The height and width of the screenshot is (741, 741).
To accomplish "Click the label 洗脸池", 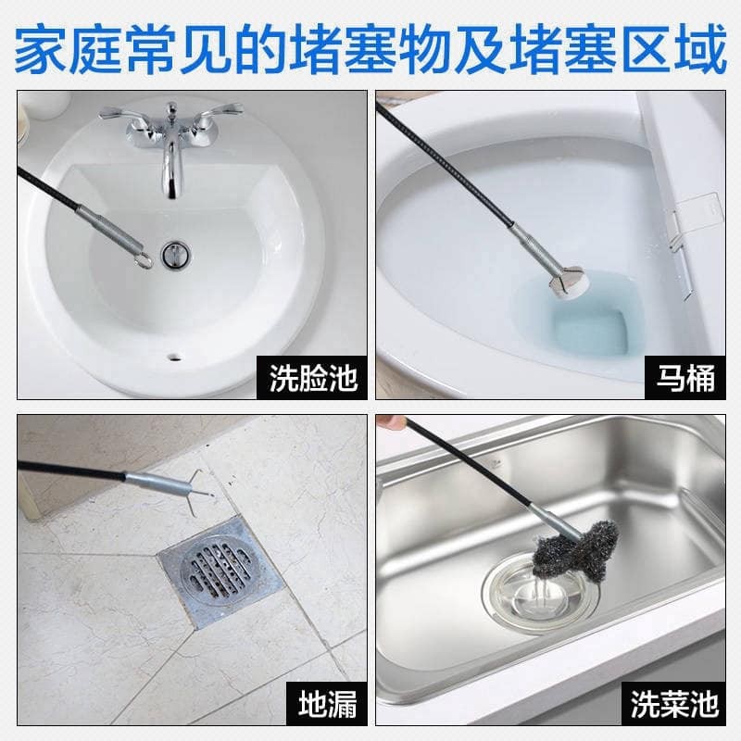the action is [x=312, y=378].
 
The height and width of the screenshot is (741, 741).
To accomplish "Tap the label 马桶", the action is [x=685, y=378].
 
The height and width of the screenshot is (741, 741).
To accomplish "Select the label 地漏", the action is [x=327, y=704].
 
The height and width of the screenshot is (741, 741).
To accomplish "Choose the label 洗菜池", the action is [x=674, y=704].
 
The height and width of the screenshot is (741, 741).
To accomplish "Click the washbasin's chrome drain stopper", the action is [x=175, y=254].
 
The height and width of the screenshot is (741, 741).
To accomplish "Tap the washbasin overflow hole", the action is [x=175, y=357].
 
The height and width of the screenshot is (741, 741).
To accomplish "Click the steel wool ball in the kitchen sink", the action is [x=575, y=549].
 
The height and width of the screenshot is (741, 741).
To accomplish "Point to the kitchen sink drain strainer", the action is [x=540, y=593].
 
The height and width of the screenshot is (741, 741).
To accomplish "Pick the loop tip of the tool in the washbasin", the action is [x=143, y=260].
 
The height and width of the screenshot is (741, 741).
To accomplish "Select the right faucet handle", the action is [x=220, y=113].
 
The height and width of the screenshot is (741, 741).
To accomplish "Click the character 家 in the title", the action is [x=42, y=50].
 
